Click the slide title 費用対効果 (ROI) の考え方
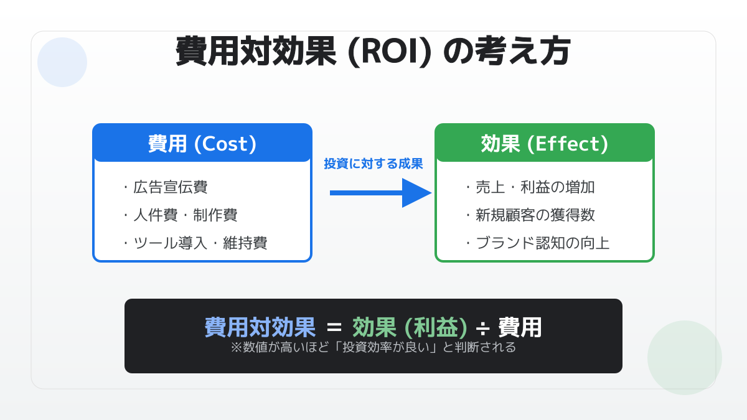(373, 51)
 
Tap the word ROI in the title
(390, 52)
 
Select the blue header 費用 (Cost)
(202, 144)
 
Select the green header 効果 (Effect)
(545, 144)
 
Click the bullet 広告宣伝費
(166, 187)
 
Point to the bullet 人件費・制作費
(181, 215)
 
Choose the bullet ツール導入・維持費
(195, 243)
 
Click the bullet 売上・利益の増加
(530, 187)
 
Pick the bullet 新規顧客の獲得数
(530, 215)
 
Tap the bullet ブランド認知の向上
(538, 243)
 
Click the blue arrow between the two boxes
(380, 193)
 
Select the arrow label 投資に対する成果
(374, 164)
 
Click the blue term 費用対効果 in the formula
(260, 327)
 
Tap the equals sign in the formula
(334, 328)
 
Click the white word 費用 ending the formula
(520, 327)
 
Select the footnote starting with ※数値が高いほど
(373, 347)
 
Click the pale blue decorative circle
(62, 62)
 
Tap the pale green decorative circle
(685, 358)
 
